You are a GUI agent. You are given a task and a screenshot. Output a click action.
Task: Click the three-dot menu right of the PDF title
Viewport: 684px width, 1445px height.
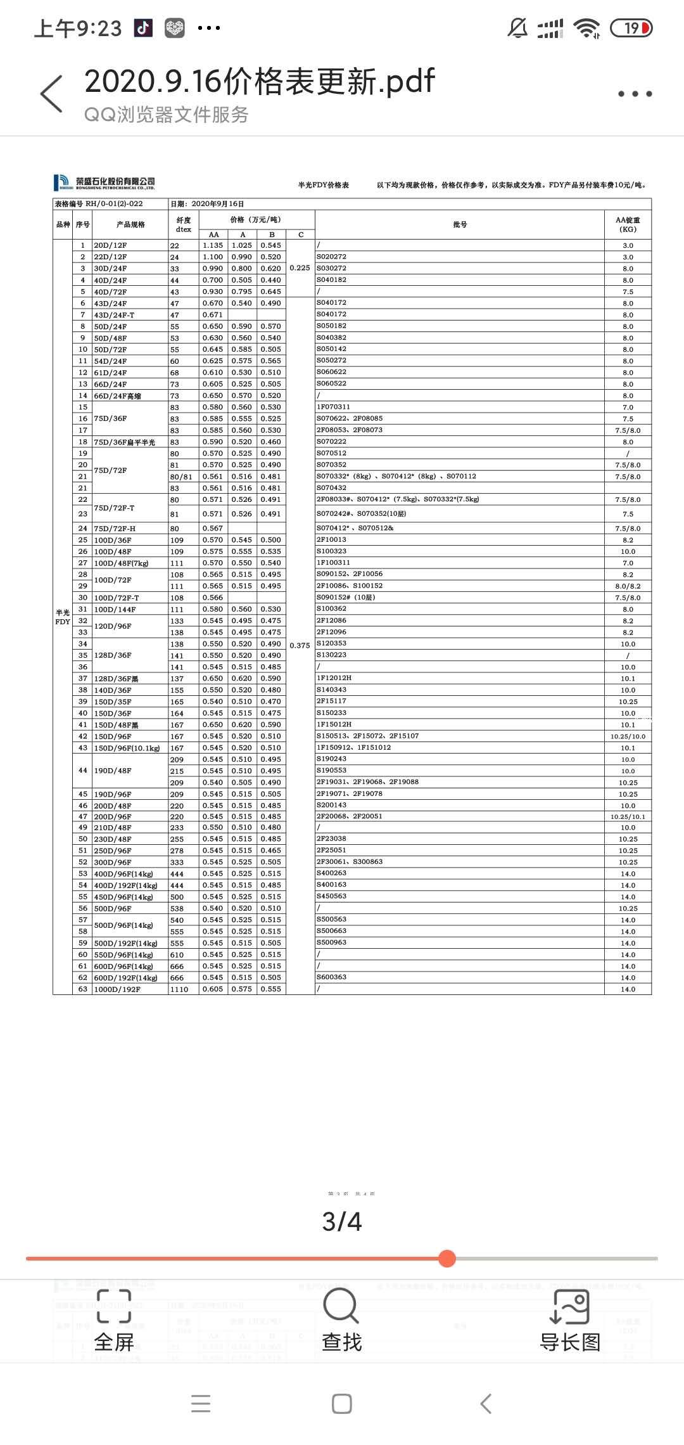coord(635,94)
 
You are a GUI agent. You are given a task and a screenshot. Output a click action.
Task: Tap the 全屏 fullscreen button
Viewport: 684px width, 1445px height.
coord(114,1323)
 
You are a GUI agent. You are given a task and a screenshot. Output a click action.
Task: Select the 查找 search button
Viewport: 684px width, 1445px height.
coord(341,1323)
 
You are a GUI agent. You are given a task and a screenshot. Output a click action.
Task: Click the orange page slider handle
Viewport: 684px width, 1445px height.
coord(447,1258)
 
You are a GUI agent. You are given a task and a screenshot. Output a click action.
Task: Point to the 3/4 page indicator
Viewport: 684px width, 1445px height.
coord(342,1221)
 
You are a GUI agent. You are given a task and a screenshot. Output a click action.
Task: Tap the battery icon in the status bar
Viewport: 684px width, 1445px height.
coord(631,28)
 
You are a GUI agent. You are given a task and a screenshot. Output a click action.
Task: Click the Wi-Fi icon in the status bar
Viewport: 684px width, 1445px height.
coord(586,28)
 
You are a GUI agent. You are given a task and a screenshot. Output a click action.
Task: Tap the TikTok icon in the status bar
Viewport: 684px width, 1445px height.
coord(143,28)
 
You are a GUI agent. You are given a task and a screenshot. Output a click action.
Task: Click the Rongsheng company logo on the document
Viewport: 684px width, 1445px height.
coord(104,183)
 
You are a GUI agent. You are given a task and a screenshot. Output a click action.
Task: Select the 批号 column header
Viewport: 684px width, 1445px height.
coord(460,225)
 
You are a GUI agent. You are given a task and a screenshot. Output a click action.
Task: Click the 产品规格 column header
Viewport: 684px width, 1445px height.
coord(130,225)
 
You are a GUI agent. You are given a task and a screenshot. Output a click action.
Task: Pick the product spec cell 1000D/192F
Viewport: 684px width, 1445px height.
coord(117,989)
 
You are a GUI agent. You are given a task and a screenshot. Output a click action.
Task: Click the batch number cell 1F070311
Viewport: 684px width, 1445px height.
coord(333,407)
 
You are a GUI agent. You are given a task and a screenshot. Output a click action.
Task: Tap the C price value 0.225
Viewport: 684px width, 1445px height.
coord(300,268)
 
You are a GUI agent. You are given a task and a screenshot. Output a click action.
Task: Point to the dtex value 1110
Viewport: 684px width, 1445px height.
coord(179,989)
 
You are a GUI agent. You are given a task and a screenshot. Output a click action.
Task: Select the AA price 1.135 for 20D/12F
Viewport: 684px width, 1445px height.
coord(213,245)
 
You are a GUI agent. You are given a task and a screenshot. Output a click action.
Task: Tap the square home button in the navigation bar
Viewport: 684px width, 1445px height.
coord(342,1404)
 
